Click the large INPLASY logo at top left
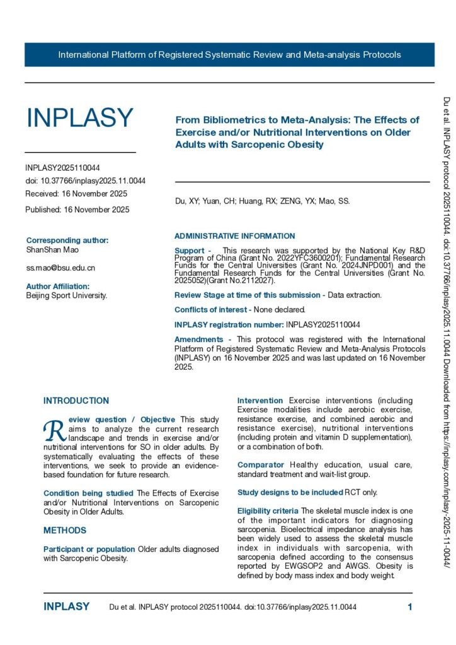click(x=79, y=118)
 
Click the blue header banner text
click(x=229, y=55)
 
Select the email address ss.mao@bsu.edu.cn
click(x=60, y=268)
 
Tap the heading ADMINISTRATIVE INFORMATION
click(x=234, y=236)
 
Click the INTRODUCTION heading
click(x=76, y=401)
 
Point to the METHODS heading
click(x=65, y=530)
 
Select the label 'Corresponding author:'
click(x=67, y=240)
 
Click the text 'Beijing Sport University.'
click(x=67, y=295)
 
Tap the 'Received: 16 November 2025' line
click(x=76, y=193)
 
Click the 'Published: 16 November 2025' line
click(x=77, y=210)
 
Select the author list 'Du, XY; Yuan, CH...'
click(x=261, y=202)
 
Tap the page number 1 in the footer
click(x=410, y=607)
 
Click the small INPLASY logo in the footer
click(x=66, y=607)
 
